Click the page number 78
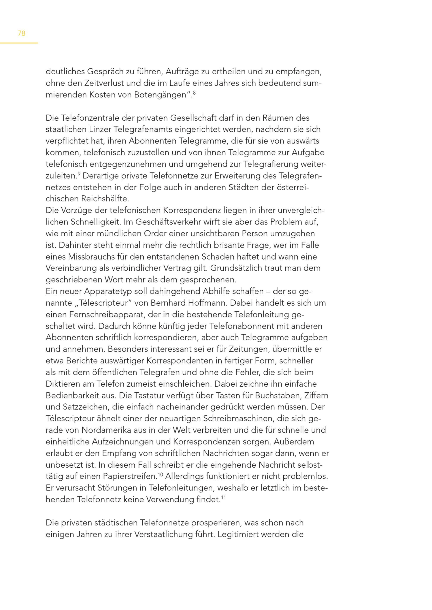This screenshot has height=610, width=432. click(x=22, y=33)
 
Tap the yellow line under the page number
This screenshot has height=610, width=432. click(x=19, y=43)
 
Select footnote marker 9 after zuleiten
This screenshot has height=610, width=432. click(x=79, y=174)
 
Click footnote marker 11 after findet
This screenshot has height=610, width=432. click(x=223, y=497)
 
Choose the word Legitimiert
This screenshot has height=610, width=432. click(x=238, y=534)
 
